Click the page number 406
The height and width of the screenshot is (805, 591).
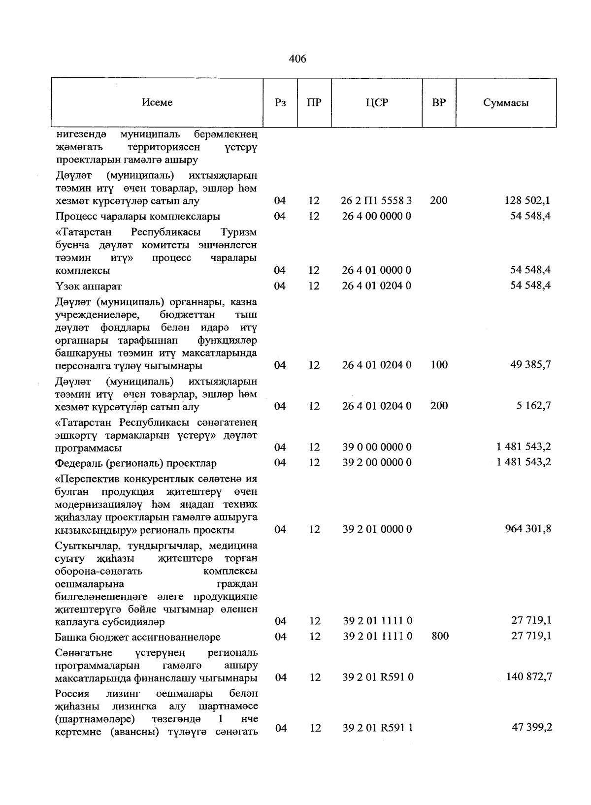coord(297,59)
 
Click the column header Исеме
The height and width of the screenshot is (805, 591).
coord(157,102)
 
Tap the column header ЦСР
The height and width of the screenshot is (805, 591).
coord(377,103)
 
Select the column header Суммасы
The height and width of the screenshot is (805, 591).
coord(506,103)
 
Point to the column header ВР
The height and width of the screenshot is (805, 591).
coord(439,103)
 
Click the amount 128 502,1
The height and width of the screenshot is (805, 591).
coord(527,200)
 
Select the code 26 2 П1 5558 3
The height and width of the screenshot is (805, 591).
coord(377,200)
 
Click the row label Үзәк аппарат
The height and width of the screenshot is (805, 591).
coord(89,286)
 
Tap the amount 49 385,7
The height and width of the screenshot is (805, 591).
coord(530,365)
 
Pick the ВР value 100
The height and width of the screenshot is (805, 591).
coord(438,365)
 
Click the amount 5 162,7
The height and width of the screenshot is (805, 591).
coord(534,406)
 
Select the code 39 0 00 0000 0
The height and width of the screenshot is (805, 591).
coord(377,447)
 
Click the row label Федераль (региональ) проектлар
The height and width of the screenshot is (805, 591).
coord(136,463)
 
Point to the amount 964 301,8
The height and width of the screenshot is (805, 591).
coord(528,529)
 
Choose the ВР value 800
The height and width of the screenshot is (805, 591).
coord(439,636)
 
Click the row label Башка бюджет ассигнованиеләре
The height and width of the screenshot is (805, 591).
coord(138,637)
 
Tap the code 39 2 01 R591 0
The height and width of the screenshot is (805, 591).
coord(378,677)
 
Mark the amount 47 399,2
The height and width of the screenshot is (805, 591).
coord(531,727)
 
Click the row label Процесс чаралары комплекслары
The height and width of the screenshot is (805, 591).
coord(138,216)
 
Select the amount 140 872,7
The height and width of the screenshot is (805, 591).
coord(528,677)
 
